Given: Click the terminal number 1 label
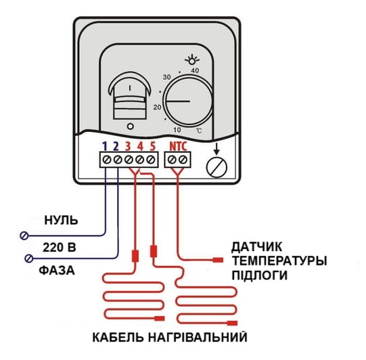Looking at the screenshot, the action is click(105, 146).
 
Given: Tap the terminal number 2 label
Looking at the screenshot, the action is click(116, 146).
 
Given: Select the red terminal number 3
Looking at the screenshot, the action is click(128, 146).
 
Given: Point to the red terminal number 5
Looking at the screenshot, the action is click(152, 146).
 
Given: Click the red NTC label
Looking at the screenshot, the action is click(178, 146).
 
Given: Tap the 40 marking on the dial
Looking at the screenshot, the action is click(195, 70).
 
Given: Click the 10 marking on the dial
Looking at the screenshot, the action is click(177, 130).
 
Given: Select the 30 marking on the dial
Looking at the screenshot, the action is click(166, 77).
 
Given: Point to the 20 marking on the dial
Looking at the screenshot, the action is click(158, 107).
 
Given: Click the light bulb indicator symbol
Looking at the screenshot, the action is click(192, 60).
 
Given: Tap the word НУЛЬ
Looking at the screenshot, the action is click(61, 220).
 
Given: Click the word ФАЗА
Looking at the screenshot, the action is click(57, 271).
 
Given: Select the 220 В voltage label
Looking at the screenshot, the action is click(60, 247).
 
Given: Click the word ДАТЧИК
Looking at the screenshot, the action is click(256, 247).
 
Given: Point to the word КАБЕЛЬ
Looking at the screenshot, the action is click(118, 338).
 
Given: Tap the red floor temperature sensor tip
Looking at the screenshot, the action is click(218, 260).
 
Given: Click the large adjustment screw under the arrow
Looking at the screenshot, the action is click(216, 167).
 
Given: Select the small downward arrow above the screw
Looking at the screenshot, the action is click(216, 149).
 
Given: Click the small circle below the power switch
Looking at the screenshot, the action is click(131, 127).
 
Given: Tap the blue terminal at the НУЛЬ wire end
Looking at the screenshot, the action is click(24, 235).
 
